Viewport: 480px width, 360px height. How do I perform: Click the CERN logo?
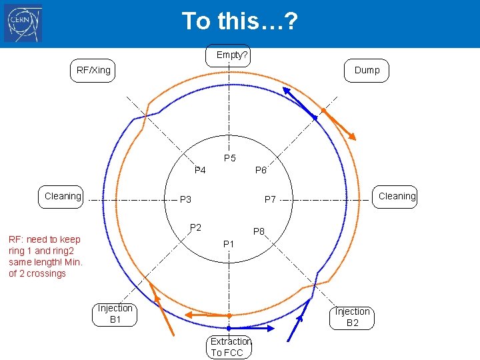click(x=23, y=23)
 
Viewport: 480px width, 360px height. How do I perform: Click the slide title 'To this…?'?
click(x=239, y=21)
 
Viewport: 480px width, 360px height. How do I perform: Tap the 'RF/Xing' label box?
click(x=93, y=70)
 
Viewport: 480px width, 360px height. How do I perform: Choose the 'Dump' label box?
click(x=367, y=70)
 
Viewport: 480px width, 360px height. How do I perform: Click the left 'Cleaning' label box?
click(x=63, y=196)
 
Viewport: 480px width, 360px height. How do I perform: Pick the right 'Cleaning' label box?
click(x=396, y=196)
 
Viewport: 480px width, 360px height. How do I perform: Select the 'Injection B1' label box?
click(x=115, y=314)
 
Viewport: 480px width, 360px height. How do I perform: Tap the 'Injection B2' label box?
click(x=352, y=317)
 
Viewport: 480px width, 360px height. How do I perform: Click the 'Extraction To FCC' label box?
click(x=230, y=347)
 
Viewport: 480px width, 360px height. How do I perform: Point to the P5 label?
click(x=230, y=159)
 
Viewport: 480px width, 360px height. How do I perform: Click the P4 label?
click(x=200, y=171)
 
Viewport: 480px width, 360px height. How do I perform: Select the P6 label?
click(x=261, y=171)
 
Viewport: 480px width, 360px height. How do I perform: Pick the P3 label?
click(x=185, y=199)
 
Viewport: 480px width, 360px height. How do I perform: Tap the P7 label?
click(x=270, y=199)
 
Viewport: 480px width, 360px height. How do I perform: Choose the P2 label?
click(x=195, y=227)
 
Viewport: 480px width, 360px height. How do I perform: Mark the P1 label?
click(x=229, y=244)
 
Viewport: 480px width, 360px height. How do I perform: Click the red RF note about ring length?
click(x=45, y=256)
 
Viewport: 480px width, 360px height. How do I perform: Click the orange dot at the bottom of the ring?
click(x=229, y=315)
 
